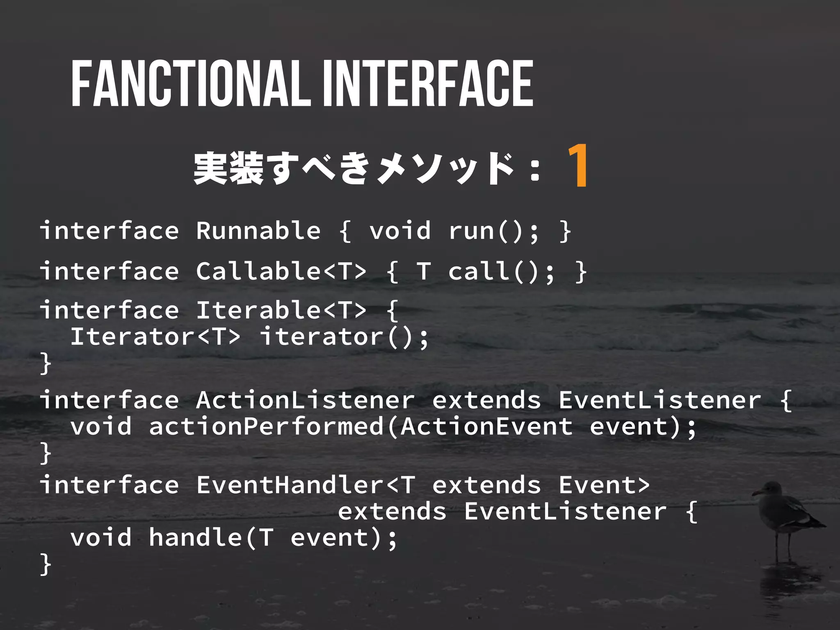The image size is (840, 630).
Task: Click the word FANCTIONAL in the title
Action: pyautogui.click(x=191, y=84)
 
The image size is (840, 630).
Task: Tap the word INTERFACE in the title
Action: pyautogui.click(x=428, y=84)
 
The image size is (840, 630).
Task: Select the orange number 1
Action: pyautogui.click(x=578, y=166)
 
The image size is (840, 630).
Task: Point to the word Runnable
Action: pyautogui.click(x=258, y=231)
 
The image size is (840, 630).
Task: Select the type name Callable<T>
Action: pyautogui.click(x=281, y=271)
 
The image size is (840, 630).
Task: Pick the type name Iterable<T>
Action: pyautogui.click(x=281, y=310)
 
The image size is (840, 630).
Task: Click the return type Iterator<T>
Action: pyautogui.click(x=155, y=337)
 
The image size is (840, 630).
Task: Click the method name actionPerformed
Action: pyautogui.click(x=266, y=427)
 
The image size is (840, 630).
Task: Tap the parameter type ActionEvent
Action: pyautogui.click(x=486, y=427)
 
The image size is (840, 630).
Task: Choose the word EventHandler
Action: pyautogui.click(x=290, y=485)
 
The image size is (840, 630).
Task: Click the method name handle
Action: pyautogui.click(x=195, y=538)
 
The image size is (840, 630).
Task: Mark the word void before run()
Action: pyautogui.click(x=400, y=231)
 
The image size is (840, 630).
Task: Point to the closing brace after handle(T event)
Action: pyautogui.click(x=46, y=564)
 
